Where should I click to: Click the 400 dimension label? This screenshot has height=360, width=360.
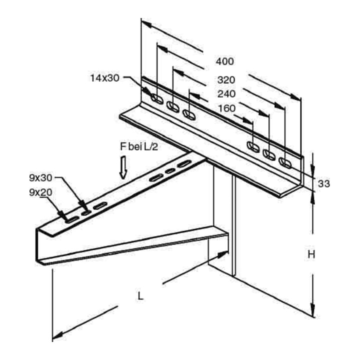[x=225, y=61]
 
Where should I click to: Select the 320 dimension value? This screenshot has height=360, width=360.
[x=226, y=80]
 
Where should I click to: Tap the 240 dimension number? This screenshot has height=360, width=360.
[x=226, y=93]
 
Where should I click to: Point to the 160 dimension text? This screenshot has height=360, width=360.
[x=226, y=108]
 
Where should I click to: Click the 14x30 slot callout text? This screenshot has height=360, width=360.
[x=105, y=78]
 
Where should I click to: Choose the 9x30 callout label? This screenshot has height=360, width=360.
[x=40, y=178]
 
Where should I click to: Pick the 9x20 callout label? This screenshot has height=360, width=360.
[x=40, y=192]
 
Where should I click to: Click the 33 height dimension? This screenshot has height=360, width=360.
[x=323, y=183]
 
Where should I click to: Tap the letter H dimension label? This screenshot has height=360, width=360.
[x=311, y=254]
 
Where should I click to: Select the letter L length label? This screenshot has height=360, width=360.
[x=140, y=295]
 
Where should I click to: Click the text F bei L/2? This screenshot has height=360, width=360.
[x=139, y=146]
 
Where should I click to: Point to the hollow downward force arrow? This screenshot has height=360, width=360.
[x=123, y=167]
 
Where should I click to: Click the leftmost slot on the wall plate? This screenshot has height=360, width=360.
[x=157, y=98]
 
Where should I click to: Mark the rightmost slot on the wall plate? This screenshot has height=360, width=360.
[x=285, y=163]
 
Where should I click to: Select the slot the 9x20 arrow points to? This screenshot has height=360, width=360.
[x=72, y=219]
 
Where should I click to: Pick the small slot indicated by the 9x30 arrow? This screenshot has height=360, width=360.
[x=85, y=213]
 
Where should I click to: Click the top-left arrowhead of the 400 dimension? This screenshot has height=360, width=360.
[x=146, y=24]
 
